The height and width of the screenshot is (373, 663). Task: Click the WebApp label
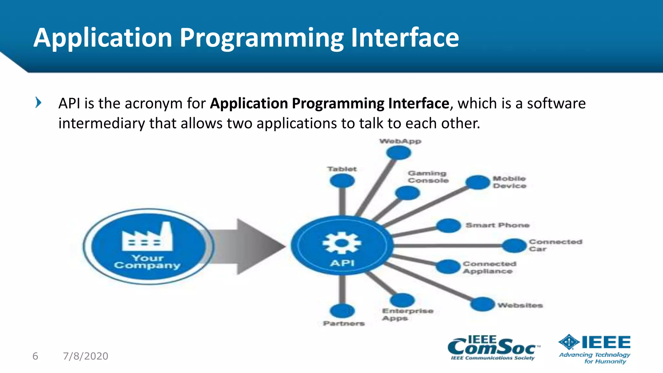coord(400,141)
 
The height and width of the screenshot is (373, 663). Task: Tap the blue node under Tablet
coord(342,181)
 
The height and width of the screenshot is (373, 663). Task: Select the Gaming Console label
coord(428,177)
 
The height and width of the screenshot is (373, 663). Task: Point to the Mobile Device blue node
coord(478,182)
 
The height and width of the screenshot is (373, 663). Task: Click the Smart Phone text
coord(497,225)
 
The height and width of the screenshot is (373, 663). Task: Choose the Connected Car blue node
coord(514,246)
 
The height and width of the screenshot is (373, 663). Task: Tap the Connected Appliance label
coord(489,267)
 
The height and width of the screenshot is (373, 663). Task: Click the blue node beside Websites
coord(482,304)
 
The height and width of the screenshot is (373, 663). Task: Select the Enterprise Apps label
coord(407,314)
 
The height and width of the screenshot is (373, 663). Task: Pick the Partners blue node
coord(342,311)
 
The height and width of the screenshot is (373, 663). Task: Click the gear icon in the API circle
coord(342,243)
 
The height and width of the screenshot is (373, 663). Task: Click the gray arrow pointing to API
coord(246,246)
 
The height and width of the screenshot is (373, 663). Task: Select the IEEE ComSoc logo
coord(493,348)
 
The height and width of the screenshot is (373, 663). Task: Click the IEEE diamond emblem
coord(569,342)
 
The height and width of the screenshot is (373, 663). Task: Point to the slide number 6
coord(35,356)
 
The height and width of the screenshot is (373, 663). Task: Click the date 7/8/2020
coord(85,356)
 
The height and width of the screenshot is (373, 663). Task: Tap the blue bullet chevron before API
coord(38,103)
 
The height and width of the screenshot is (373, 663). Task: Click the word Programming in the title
coord(261,38)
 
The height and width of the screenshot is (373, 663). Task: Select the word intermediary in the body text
coord(101,123)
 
